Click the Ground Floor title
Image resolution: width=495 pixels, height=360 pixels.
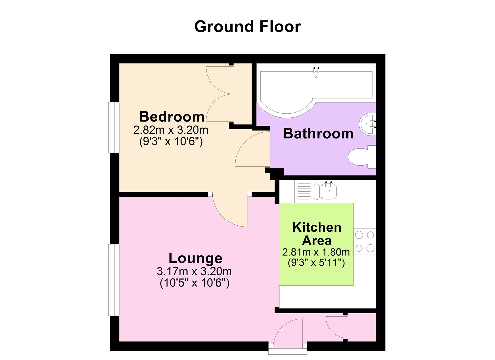pos(247,27)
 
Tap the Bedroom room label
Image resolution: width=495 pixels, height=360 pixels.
pos(172,117)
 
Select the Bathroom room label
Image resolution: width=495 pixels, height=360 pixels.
pos(318,133)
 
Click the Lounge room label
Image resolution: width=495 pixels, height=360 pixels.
pos(195,258)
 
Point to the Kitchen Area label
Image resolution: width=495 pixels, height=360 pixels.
pos(316,234)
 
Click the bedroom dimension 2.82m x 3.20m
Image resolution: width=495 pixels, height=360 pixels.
pos(171,130)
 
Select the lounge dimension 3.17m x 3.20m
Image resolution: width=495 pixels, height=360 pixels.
pos(194,271)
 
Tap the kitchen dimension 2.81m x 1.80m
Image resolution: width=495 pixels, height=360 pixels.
pos(316,252)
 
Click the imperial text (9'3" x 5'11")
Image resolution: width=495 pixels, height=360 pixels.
pos(316,263)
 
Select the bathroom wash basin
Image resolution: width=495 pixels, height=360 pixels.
pos(367,124)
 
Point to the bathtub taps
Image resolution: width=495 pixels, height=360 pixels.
pos(316,70)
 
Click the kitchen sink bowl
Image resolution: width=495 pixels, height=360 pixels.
pos(328,192)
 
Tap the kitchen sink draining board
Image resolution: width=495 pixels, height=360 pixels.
pos(303,191)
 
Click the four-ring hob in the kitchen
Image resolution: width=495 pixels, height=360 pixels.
pos(365,242)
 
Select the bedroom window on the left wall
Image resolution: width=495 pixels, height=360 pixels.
pos(114,127)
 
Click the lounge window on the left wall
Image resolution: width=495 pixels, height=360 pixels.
pos(114,280)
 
